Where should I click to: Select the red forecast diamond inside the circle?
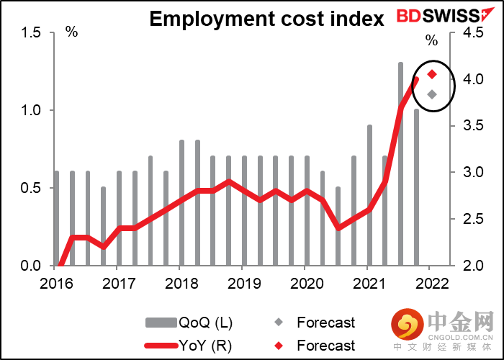point(432,74)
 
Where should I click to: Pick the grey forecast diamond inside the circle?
point(431,94)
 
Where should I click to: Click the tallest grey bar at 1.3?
point(400,164)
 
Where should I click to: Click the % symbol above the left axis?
point(71,32)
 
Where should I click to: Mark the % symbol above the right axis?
point(431,40)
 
